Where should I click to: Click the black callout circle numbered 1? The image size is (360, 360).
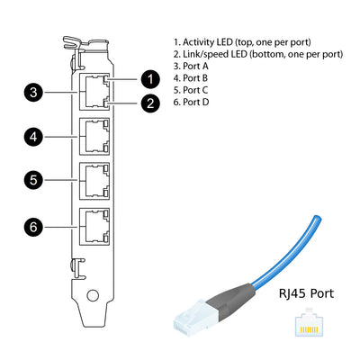(151, 79)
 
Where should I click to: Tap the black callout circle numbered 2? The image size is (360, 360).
(151, 102)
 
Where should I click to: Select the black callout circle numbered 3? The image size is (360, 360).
(33, 92)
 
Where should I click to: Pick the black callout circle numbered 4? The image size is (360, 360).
(33, 137)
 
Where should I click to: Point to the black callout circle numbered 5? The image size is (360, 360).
(33, 180)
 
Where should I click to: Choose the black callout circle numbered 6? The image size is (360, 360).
(33, 227)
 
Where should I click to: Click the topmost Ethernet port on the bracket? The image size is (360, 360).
(94, 92)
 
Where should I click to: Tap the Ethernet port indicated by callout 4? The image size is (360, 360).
(94, 137)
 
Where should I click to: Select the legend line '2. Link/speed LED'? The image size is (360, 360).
(257, 54)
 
